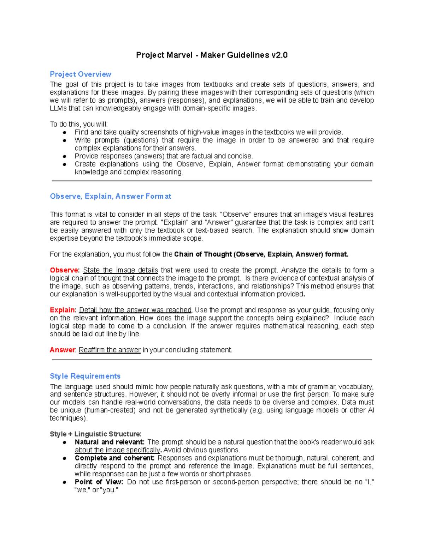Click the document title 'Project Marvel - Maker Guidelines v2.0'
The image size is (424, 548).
click(x=212, y=55)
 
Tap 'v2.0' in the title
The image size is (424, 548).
click(x=279, y=55)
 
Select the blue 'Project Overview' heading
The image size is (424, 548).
click(x=81, y=74)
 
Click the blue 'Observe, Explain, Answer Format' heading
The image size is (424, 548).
click(x=111, y=196)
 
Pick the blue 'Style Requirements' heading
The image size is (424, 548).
click(x=85, y=376)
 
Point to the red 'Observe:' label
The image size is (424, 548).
click(x=65, y=270)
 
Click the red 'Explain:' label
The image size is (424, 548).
click(x=63, y=310)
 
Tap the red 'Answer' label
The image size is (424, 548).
click(x=62, y=350)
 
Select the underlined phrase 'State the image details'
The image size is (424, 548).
click(x=120, y=270)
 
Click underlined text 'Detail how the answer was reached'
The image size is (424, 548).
click(x=135, y=310)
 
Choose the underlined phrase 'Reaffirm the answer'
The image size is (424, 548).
click(x=110, y=350)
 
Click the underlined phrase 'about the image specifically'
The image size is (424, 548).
click(x=117, y=450)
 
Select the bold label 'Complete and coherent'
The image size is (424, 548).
click(x=114, y=458)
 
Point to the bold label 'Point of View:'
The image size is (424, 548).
click(x=99, y=482)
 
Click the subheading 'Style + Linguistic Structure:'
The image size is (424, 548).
click(x=96, y=434)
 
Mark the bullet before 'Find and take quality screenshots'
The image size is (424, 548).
click(x=65, y=132)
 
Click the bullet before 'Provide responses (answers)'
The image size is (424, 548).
click(x=65, y=156)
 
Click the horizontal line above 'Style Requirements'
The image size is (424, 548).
click(x=212, y=360)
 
